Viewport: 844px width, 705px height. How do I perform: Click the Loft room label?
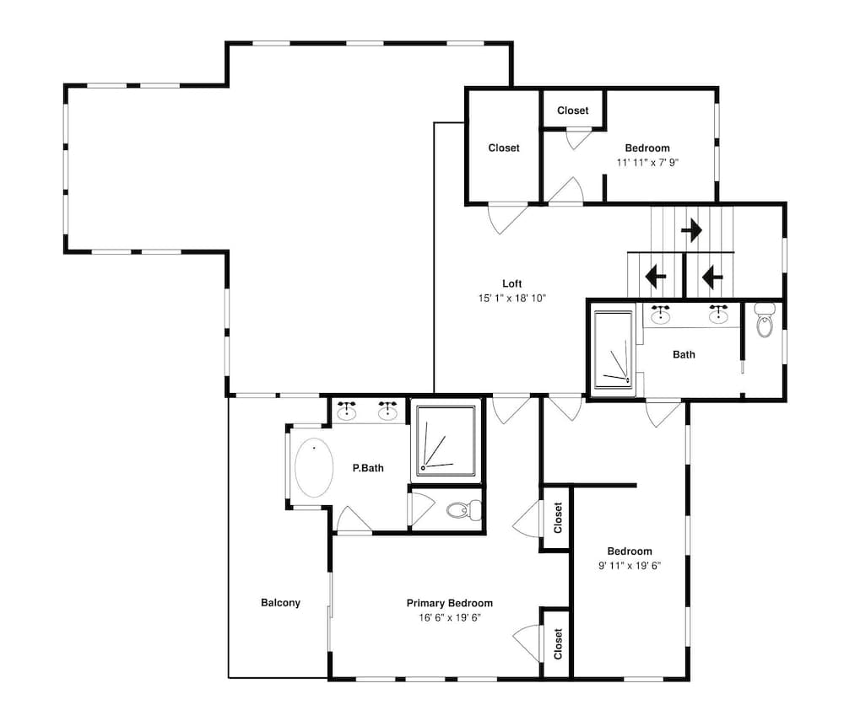(512, 284)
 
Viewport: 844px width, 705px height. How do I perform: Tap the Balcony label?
(280, 603)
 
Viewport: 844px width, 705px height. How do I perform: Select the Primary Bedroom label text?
(450, 603)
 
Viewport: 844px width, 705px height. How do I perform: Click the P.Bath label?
(368, 468)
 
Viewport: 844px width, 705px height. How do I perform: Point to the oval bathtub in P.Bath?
(314, 468)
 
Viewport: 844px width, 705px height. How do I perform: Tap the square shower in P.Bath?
(446, 441)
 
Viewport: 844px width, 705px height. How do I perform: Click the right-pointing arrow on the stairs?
(692, 231)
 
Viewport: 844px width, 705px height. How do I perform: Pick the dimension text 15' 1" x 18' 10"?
(512, 299)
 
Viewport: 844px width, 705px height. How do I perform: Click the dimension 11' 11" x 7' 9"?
(647, 163)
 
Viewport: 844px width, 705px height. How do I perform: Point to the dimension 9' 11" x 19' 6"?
(630, 566)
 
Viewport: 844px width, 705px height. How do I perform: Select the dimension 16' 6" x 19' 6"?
(450, 618)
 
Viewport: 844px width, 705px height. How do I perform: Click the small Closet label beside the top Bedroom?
(573, 110)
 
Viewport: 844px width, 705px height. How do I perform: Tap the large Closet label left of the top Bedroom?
(504, 148)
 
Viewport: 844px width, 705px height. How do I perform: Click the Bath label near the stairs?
(684, 354)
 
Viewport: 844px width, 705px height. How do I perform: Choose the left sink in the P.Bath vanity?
(347, 412)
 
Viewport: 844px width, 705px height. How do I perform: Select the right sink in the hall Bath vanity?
(718, 315)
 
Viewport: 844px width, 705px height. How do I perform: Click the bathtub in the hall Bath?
(613, 349)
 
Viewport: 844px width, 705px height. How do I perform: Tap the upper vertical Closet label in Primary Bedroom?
(558, 518)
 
